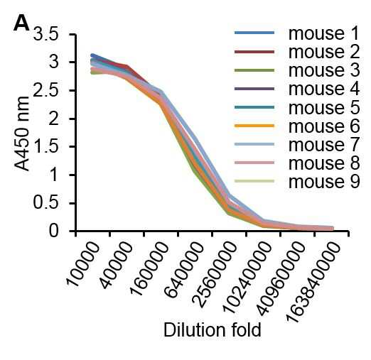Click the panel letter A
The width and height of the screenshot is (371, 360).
(x=21, y=24)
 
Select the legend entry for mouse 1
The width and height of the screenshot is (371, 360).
(x=324, y=33)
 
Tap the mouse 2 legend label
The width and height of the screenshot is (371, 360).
(x=324, y=52)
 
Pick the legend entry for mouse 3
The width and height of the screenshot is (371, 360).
(x=324, y=70)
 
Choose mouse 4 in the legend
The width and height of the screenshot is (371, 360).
(x=324, y=89)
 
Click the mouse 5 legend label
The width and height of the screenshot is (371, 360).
(x=324, y=107)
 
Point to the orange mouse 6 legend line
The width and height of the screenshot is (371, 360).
(x=254, y=126)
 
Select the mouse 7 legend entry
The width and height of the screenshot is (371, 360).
(x=324, y=144)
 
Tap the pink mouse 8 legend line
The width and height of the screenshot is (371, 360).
(x=254, y=163)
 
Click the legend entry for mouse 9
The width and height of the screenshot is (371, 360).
(x=324, y=181)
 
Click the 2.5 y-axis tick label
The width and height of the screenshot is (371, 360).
(x=45, y=90)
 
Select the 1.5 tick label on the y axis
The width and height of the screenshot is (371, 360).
(x=45, y=147)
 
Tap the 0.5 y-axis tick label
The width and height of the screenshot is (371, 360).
(x=45, y=203)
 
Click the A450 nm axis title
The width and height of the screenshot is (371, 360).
(x=22, y=133)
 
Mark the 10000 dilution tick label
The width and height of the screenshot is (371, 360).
(x=83, y=264)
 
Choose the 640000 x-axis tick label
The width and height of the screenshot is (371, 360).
(x=185, y=270)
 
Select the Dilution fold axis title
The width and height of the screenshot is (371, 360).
(x=213, y=329)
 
